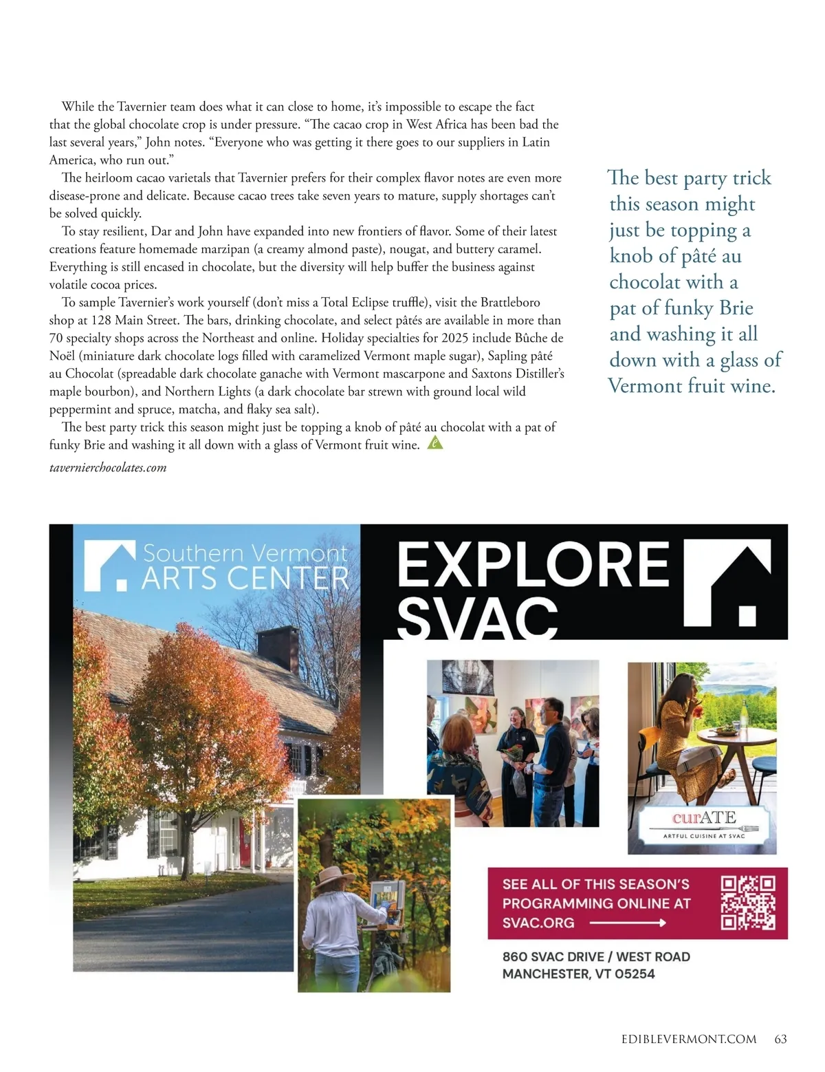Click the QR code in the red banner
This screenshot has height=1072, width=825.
pyautogui.click(x=748, y=903)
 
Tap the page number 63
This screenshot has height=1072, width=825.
pyautogui.click(x=780, y=1039)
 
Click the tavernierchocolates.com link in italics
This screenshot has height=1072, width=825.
pyautogui.click(x=108, y=468)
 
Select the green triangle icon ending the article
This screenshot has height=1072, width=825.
pyautogui.click(x=434, y=443)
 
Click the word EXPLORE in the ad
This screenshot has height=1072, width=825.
pyautogui.click(x=533, y=564)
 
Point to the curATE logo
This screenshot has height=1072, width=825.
pyautogui.click(x=703, y=819)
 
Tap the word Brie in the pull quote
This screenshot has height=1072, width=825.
pyautogui.click(x=736, y=308)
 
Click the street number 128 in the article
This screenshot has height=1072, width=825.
pyautogui.click(x=102, y=321)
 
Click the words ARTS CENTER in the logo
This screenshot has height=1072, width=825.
pyautogui.click(x=245, y=578)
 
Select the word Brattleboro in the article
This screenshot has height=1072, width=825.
pyautogui.click(x=510, y=303)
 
